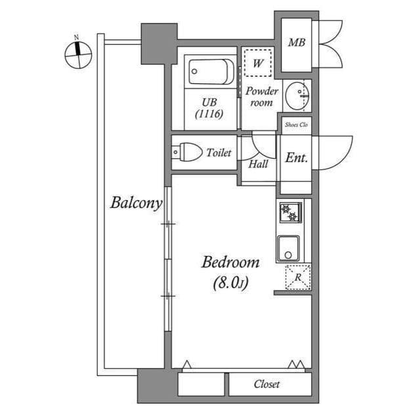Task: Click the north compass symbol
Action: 78,54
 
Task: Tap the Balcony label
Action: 135,203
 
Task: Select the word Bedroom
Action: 230,262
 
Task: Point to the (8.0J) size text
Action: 230,283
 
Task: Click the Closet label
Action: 266,384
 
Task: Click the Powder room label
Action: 261,96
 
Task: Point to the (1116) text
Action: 209,114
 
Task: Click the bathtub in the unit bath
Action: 209,72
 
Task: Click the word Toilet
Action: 219,153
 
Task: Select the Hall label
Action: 258,164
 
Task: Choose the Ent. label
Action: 296,158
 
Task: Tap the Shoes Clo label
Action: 296,124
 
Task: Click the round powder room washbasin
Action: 299,94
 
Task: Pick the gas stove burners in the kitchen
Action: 289,213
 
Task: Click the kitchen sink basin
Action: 288,248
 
